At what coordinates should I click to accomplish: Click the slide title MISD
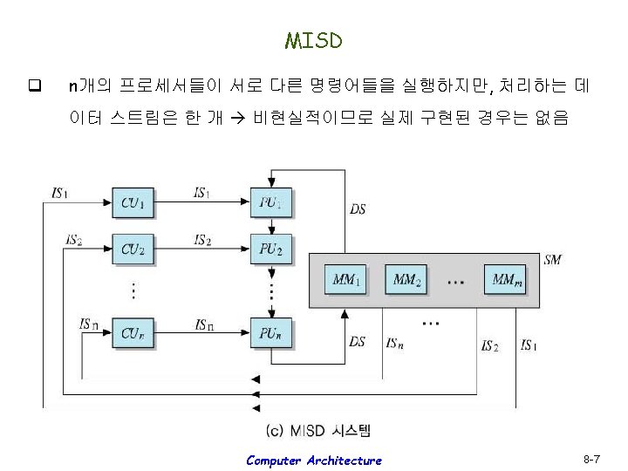pyautogui.click(x=313, y=41)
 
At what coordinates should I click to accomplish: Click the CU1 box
pyautogui.click(x=133, y=204)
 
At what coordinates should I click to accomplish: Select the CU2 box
pyautogui.click(x=133, y=249)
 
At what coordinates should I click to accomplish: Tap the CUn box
pyautogui.click(x=133, y=332)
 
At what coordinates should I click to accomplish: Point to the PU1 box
pyautogui.click(x=271, y=204)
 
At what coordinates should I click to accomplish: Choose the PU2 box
pyautogui.click(x=271, y=249)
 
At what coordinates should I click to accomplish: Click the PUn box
pyautogui.click(x=271, y=332)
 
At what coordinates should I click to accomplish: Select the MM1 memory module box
pyautogui.click(x=347, y=281)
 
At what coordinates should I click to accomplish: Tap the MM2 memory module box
pyautogui.click(x=406, y=281)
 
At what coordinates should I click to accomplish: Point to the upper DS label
pyautogui.click(x=358, y=208)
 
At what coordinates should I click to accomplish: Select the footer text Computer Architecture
pyautogui.click(x=313, y=460)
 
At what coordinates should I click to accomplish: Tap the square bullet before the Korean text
pyautogui.click(x=35, y=85)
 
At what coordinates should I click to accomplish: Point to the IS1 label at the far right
pyautogui.click(x=528, y=345)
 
